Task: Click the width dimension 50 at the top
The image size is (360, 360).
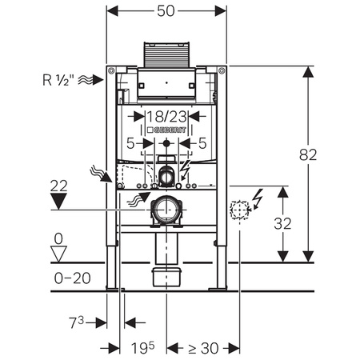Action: [x=167, y=13]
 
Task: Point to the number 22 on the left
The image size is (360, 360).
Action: [x=58, y=186]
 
